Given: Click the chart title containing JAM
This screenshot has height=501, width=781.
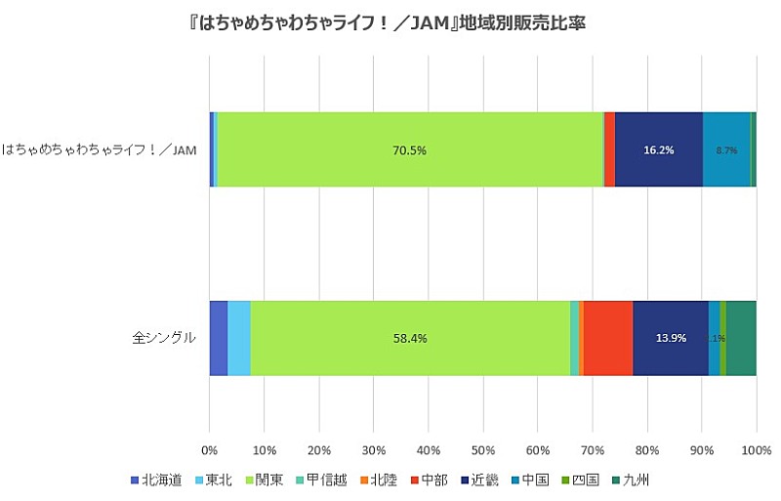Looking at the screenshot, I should [x=390, y=21].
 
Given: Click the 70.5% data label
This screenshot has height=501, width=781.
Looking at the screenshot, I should [x=409, y=150].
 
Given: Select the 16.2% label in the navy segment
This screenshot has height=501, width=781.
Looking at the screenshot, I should [x=658, y=150].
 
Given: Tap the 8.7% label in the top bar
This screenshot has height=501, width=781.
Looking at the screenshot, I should [x=725, y=150].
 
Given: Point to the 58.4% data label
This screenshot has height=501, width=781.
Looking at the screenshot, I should [x=409, y=338].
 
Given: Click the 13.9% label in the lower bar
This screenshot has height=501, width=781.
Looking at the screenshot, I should [x=671, y=338].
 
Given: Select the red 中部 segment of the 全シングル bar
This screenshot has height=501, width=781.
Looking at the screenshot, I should [x=607, y=338].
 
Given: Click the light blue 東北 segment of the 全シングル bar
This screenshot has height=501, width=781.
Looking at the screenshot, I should [x=238, y=338].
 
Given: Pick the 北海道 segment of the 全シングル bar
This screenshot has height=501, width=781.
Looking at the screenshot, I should [x=218, y=338].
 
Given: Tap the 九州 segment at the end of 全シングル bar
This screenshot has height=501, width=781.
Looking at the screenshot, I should [x=741, y=338].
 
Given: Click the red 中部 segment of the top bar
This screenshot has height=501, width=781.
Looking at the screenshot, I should [x=609, y=148].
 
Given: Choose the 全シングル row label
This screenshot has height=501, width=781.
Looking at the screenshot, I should [x=164, y=338].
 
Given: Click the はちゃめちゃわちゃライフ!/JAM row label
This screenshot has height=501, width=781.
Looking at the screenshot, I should [x=99, y=149].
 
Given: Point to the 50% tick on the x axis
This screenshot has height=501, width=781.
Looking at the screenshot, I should [x=482, y=449].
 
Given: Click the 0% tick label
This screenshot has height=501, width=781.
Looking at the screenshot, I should [x=209, y=449].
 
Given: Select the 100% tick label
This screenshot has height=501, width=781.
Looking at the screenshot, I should [x=756, y=449].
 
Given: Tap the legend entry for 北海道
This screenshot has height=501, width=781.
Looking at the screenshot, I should [x=156, y=480].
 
